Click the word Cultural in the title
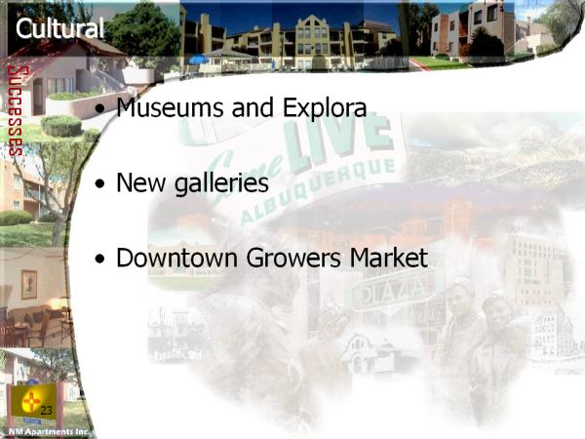(x=59, y=28)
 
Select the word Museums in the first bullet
(x=171, y=107)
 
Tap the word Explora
(x=325, y=108)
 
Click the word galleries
(x=221, y=184)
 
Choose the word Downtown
(x=177, y=258)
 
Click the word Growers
(x=293, y=258)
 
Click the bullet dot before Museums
(x=99, y=109)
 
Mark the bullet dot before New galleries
(x=99, y=184)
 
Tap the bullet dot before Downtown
(x=99, y=259)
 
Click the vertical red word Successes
(x=16, y=111)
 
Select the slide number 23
(x=46, y=411)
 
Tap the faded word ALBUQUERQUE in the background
(x=318, y=191)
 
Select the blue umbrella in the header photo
(x=199, y=60)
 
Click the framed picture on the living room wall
(x=29, y=285)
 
